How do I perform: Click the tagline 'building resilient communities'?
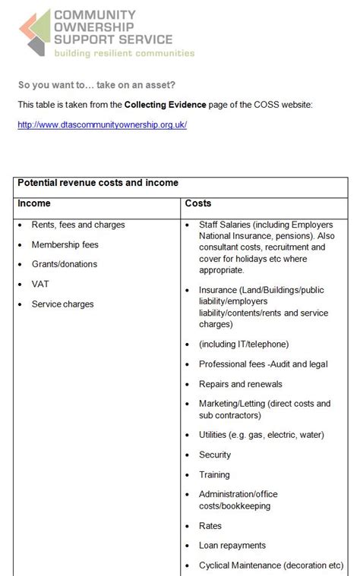coord(123,54)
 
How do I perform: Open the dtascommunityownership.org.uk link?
coord(102,124)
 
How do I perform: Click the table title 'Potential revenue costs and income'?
coord(98,184)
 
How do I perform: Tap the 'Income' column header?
coord(34,204)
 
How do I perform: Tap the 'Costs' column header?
coord(198,204)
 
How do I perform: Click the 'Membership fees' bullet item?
coord(65,245)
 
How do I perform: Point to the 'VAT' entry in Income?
coord(40,285)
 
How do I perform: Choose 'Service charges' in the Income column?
coord(62,304)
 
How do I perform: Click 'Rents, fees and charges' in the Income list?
coord(78,225)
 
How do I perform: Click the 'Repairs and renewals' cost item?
coord(240,385)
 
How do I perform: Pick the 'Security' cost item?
coord(215,455)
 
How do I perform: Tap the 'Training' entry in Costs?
coord(214,475)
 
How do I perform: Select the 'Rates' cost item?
coord(210,526)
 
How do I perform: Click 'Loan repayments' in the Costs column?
coord(232,546)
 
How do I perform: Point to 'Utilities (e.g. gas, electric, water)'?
coord(261,436)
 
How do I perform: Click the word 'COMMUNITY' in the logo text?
coord(95,14)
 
